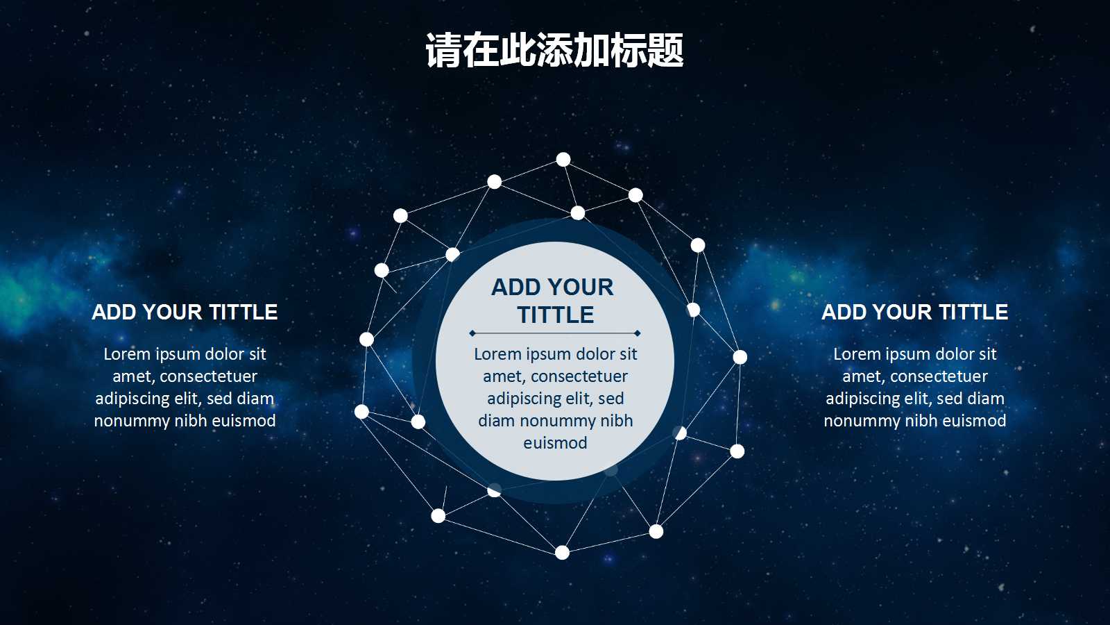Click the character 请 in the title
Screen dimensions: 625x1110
[443, 51]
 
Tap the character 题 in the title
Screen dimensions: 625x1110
[665, 51]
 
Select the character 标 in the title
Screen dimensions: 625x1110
[629, 51]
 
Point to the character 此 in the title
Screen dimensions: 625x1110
[518, 51]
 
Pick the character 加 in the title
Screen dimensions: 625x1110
[592, 51]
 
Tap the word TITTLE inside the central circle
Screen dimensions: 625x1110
[556, 315]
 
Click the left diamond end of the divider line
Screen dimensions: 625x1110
[472, 333]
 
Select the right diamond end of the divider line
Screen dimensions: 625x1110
[638, 333]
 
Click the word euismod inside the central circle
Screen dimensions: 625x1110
[555, 443]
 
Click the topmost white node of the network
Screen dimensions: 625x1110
[563, 160]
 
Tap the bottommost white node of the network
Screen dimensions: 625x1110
[562, 553]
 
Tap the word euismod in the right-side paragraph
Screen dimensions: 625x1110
[974, 421]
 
